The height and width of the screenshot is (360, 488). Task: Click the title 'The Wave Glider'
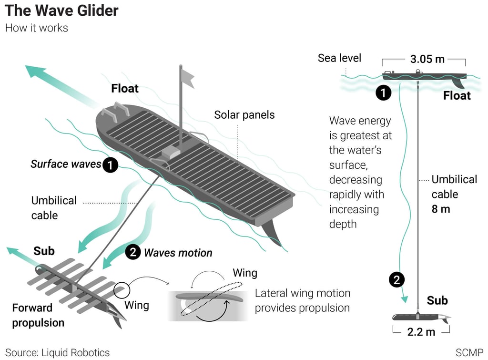pos(62,10)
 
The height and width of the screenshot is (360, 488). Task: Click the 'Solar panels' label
pos(244,115)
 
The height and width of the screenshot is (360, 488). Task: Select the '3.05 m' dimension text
pos(427,59)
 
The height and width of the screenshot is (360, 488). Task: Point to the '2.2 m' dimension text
pos(421,332)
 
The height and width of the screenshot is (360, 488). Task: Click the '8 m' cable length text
pos(440,209)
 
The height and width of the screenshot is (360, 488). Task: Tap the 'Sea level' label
pos(339,58)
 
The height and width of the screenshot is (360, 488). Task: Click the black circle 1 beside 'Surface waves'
pos(110,165)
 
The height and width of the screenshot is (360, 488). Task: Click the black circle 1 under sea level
pos(383,93)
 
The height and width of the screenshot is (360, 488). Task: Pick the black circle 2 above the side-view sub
pos(396,280)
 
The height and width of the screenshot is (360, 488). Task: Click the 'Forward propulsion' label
pos(38,315)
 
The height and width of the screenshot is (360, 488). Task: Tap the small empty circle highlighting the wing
pos(121,289)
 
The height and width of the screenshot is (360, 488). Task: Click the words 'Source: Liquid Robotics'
pos(57,353)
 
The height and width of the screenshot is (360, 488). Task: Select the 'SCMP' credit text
pos(469,353)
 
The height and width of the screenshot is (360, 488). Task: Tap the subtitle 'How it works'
pos(36,28)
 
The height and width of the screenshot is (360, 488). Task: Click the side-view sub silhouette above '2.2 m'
pos(419,317)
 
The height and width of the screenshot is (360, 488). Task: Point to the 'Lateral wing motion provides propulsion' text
pos(302,300)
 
